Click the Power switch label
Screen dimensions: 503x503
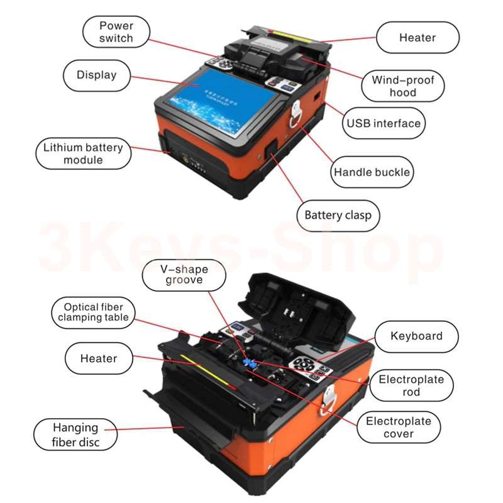coord(116,32)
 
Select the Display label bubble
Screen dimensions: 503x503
coord(97,75)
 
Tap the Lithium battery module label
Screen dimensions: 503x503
coord(82,155)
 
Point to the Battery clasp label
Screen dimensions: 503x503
coord(338,216)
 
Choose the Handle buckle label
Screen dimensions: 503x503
coord(372,172)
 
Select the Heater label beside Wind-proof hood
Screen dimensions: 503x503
coord(417,38)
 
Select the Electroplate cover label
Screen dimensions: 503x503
coord(399,428)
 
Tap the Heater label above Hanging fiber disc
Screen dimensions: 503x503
coord(99,359)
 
